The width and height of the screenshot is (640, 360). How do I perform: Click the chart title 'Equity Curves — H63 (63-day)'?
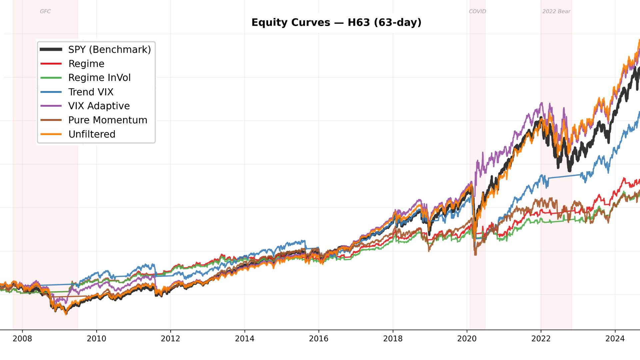336,23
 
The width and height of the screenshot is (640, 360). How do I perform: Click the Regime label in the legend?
86,64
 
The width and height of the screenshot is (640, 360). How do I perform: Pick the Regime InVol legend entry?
99,78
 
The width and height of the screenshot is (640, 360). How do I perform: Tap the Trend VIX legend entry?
91,92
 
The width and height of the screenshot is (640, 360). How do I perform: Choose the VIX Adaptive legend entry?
99,106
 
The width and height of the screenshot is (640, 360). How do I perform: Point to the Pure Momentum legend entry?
108,120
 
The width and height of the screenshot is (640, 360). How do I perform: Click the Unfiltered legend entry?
92,134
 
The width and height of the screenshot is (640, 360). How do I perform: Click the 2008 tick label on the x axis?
22,339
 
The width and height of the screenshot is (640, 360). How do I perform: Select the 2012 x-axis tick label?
170,339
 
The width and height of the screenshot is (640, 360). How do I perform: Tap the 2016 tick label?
319,339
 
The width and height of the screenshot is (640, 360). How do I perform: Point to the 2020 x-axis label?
467,339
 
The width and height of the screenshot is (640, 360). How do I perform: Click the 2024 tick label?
615,339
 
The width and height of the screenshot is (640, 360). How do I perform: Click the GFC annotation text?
45,11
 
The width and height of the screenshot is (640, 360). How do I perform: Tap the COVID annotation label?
477,11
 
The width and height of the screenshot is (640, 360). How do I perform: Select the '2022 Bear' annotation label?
556,11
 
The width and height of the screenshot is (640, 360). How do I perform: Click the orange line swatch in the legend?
51,134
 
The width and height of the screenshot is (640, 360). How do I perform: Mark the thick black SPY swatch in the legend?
51,50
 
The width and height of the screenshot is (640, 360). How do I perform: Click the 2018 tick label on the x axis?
393,339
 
